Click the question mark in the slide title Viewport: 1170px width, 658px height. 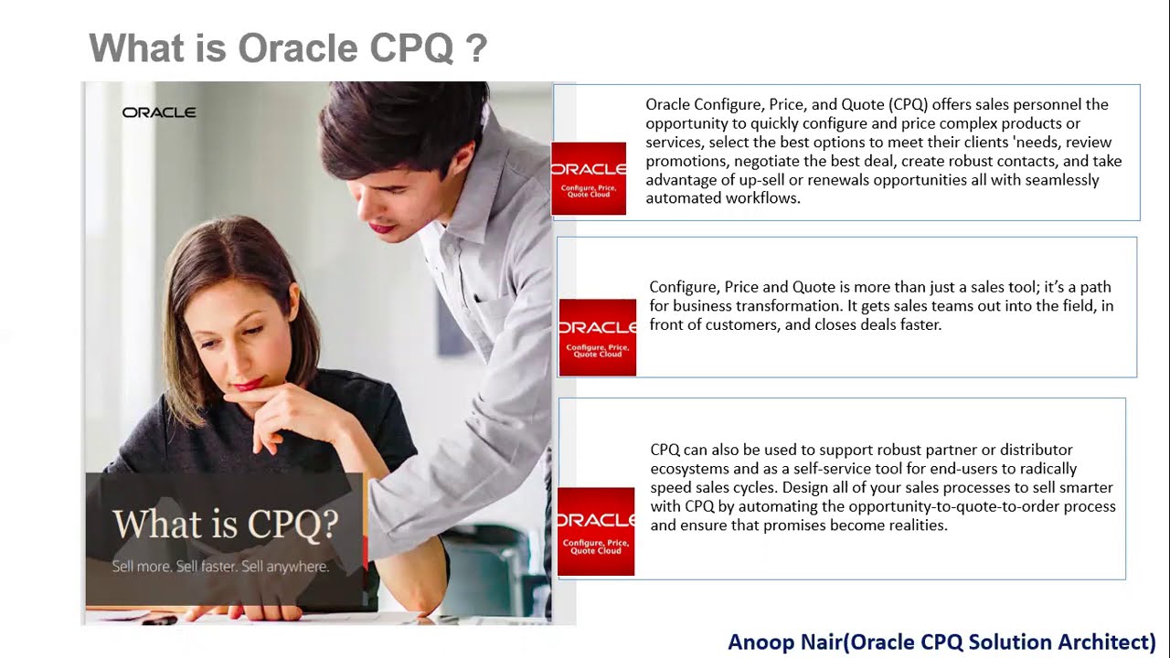tap(476, 48)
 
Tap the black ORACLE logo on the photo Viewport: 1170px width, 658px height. tap(159, 112)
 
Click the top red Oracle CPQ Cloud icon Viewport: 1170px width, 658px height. tap(589, 178)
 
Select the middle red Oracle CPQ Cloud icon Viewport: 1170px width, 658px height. tap(597, 337)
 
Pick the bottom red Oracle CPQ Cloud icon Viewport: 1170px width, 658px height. tap(596, 531)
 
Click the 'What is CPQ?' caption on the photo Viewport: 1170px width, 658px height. tap(225, 524)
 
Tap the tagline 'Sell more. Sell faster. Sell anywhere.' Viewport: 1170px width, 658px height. tap(220, 567)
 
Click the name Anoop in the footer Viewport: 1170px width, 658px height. tap(762, 642)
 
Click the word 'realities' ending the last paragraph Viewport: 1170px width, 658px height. tap(916, 525)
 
